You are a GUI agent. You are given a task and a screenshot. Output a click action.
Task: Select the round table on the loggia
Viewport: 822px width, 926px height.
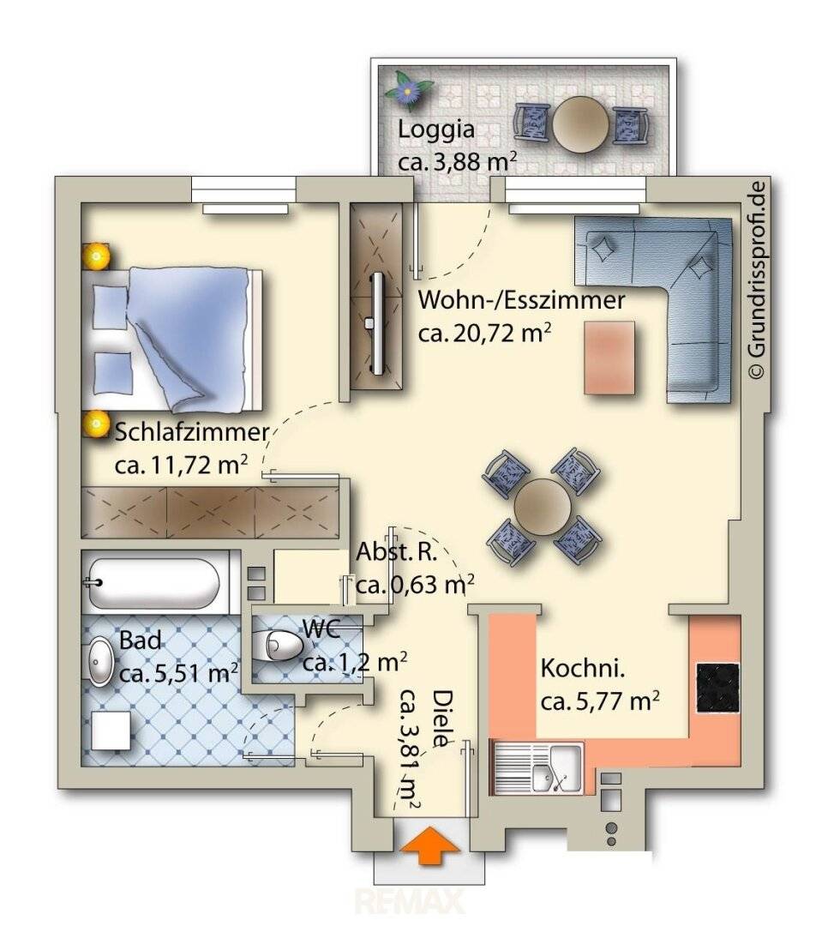(580, 124)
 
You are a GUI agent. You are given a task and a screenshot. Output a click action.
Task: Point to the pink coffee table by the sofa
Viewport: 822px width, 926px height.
(609, 358)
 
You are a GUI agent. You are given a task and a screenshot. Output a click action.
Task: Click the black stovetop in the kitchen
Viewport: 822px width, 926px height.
(717, 688)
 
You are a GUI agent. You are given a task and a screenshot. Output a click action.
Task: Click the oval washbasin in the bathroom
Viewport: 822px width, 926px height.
(100, 661)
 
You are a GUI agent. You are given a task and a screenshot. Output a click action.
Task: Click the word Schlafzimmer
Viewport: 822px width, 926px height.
(192, 432)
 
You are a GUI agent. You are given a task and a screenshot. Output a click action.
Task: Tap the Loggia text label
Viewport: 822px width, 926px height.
(436, 129)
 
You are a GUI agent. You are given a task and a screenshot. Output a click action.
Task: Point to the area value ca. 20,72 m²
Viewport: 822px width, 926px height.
(485, 333)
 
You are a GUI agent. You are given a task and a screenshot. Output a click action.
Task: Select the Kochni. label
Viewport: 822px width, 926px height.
(583, 669)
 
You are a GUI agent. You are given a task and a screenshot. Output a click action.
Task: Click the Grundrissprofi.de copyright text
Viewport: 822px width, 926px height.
(757, 279)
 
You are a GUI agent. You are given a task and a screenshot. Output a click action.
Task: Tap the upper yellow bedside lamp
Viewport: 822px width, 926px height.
(96, 256)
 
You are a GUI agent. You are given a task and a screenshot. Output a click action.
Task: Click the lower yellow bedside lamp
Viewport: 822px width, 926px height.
(95, 424)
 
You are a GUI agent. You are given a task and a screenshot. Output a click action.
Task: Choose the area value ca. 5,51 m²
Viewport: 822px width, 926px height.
(179, 673)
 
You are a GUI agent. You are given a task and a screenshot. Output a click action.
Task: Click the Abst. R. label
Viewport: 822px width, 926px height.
(397, 553)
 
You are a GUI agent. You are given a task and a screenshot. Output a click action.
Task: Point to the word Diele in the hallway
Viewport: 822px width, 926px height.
(444, 719)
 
